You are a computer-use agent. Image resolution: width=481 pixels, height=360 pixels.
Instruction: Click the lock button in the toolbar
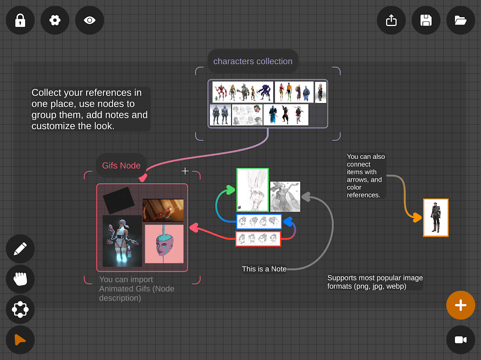tap(20, 20)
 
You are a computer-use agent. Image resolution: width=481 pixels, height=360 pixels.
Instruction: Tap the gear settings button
tap(55, 20)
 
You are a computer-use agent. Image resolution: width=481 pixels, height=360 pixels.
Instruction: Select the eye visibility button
tap(90, 20)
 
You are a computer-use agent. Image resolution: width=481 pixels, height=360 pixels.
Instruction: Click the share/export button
tap(391, 20)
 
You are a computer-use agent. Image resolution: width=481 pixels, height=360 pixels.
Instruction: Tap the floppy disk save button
tap(426, 20)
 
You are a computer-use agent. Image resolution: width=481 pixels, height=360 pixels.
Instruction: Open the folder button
tap(460, 20)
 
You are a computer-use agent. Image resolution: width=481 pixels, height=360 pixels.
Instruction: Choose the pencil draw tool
tap(20, 249)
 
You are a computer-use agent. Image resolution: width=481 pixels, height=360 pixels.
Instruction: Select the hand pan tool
tap(20, 279)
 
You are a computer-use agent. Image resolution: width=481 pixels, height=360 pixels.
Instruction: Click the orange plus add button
tap(460, 305)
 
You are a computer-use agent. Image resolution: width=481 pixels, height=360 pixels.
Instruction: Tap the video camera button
tap(460, 340)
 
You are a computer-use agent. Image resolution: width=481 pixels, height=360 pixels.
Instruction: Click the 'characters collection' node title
tap(253, 61)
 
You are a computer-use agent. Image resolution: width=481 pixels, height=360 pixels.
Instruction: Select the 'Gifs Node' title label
tap(121, 166)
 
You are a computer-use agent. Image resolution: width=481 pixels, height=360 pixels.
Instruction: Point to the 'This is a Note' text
tap(264, 269)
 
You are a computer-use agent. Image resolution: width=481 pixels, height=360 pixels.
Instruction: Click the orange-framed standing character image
tap(436, 217)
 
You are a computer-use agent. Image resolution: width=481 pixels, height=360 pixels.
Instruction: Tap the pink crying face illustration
tap(164, 244)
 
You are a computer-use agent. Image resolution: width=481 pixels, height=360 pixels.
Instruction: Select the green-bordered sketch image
tap(253, 190)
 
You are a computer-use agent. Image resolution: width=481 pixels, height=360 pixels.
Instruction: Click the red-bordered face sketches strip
tap(258, 238)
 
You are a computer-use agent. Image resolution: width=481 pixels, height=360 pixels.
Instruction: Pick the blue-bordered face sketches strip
tap(259, 221)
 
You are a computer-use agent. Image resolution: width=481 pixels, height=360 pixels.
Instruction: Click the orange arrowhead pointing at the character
tap(417, 217)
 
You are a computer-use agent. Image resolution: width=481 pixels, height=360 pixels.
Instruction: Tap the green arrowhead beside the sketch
tap(231, 190)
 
